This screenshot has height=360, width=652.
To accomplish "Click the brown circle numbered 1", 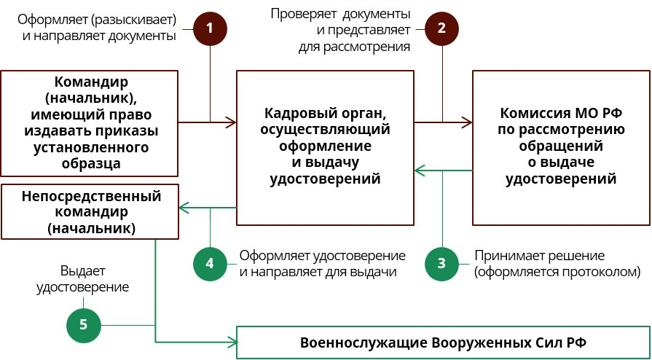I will point(210,28).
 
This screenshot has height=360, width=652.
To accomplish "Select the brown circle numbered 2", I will point(441,28).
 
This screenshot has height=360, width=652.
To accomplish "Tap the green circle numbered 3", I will point(441,263).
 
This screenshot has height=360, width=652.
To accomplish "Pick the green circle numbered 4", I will point(210,263).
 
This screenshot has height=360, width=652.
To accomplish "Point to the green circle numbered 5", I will point(84,324).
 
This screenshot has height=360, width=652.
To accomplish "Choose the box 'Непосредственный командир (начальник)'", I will point(90,211).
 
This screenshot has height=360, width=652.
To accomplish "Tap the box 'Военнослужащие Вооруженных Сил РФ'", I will point(444,343).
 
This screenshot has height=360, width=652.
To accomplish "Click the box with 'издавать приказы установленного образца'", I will point(90,123).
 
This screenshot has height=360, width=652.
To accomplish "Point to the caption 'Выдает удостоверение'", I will point(95,278).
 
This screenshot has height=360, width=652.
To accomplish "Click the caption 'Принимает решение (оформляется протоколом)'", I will point(557,264).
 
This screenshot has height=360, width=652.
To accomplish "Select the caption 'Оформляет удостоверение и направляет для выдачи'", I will point(322,264).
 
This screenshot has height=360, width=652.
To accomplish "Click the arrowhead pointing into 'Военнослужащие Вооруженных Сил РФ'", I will point(234,342).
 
